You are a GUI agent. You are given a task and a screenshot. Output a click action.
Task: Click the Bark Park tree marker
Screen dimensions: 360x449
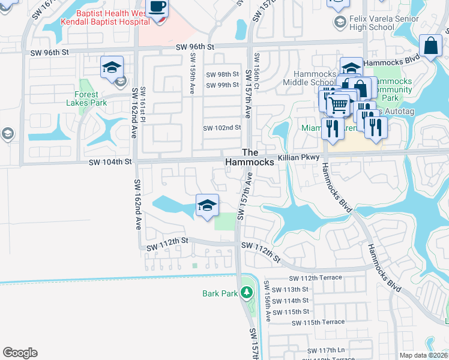[x=246, y=293]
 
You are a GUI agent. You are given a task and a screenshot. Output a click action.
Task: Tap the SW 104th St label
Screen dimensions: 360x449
[x=109, y=162]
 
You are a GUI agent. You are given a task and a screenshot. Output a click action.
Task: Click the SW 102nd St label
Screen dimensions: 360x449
[x=221, y=128]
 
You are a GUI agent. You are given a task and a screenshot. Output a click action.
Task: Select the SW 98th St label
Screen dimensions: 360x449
[x=222, y=74]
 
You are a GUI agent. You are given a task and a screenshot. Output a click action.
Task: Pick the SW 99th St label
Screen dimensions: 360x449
[x=222, y=85]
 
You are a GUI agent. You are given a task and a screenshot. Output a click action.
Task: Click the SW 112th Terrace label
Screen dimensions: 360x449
[x=315, y=278]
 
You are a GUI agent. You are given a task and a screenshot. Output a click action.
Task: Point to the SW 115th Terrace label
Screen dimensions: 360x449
[x=318, y=322]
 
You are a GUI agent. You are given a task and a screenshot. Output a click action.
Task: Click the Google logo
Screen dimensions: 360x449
[x=20, y=353]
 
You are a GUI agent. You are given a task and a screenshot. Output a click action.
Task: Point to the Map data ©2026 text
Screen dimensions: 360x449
[x=423, y=355]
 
